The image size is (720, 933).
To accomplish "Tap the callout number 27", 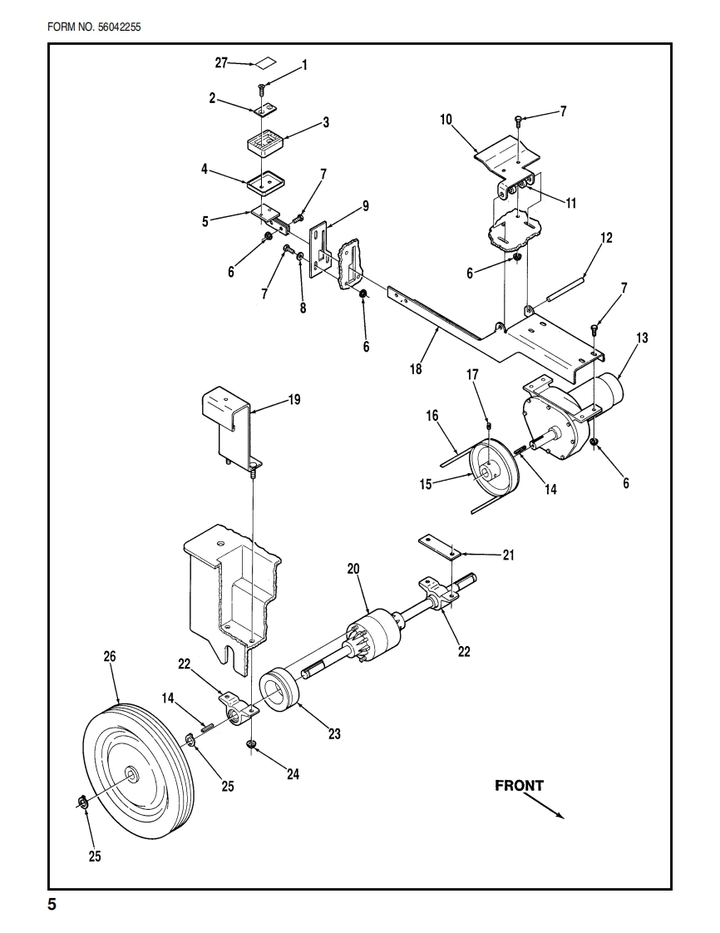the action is [221, 62].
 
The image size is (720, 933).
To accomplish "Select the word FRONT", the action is [519, 786].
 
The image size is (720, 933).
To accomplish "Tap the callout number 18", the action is [416, 369].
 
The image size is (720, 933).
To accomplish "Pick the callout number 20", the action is [353, 569].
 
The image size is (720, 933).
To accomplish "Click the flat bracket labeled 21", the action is [438, 545].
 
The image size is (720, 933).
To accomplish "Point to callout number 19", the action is [294, 400].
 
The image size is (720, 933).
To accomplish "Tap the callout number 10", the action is [446, 120].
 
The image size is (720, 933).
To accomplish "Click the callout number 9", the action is [365, 206].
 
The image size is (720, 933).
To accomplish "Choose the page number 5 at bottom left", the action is [52, 905].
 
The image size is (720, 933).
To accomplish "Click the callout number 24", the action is [293, 774].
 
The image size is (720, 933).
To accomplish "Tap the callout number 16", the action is [432, 416].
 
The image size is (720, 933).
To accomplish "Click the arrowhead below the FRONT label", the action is [560, 816].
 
